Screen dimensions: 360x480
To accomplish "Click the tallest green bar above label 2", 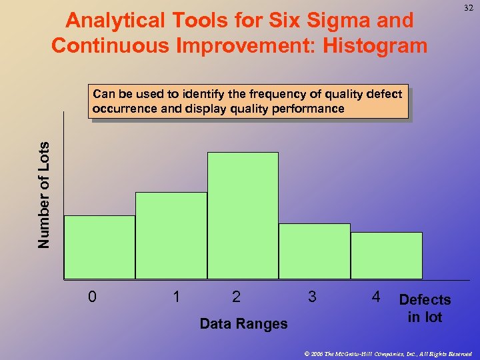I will coord(243,215).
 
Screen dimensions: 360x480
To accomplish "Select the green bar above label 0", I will coord(99,247).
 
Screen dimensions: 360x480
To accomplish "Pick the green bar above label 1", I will coord(171,235).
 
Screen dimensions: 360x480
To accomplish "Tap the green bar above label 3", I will coord(314,251).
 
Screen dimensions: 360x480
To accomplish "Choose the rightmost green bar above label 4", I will coord(387,255).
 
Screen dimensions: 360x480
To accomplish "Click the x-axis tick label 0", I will coord(92,297).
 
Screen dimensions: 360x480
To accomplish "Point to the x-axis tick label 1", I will coord(176,297).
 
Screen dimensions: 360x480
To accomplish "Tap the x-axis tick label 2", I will coord(236,297).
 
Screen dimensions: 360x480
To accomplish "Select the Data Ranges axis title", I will coord(243,324).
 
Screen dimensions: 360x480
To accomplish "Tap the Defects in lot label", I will coord(425,309).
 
